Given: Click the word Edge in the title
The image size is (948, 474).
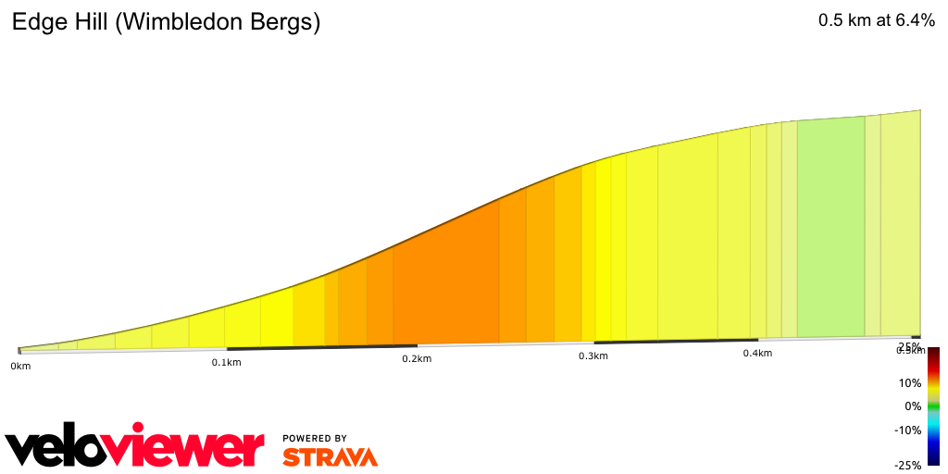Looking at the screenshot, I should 35,24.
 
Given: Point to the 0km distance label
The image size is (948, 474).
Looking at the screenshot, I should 20,367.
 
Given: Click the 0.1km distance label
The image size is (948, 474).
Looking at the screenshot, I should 226,362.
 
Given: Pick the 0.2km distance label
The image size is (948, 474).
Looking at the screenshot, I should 417,358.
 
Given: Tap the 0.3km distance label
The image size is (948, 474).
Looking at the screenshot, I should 593,355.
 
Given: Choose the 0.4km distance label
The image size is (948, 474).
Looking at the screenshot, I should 757,353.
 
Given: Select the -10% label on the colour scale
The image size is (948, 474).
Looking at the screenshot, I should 907,430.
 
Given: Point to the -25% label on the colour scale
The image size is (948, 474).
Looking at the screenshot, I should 907,465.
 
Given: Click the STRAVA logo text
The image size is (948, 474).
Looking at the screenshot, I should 330,456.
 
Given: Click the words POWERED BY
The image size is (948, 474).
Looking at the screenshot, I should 315,438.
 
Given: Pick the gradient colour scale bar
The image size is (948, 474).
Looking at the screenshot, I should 934,406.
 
